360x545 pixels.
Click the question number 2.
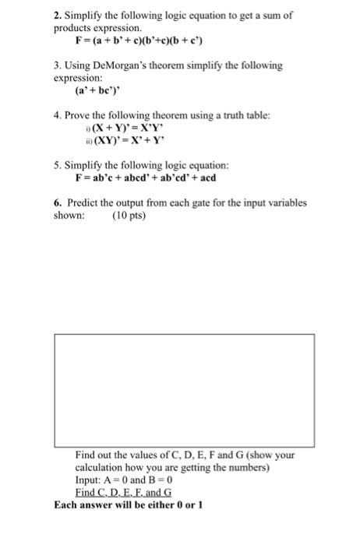(56, 14)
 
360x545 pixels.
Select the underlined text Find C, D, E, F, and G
(123, 493)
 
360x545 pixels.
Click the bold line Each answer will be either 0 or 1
(129, 505)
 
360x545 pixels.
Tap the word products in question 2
(73, 27)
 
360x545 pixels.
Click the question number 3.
(56, 66)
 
